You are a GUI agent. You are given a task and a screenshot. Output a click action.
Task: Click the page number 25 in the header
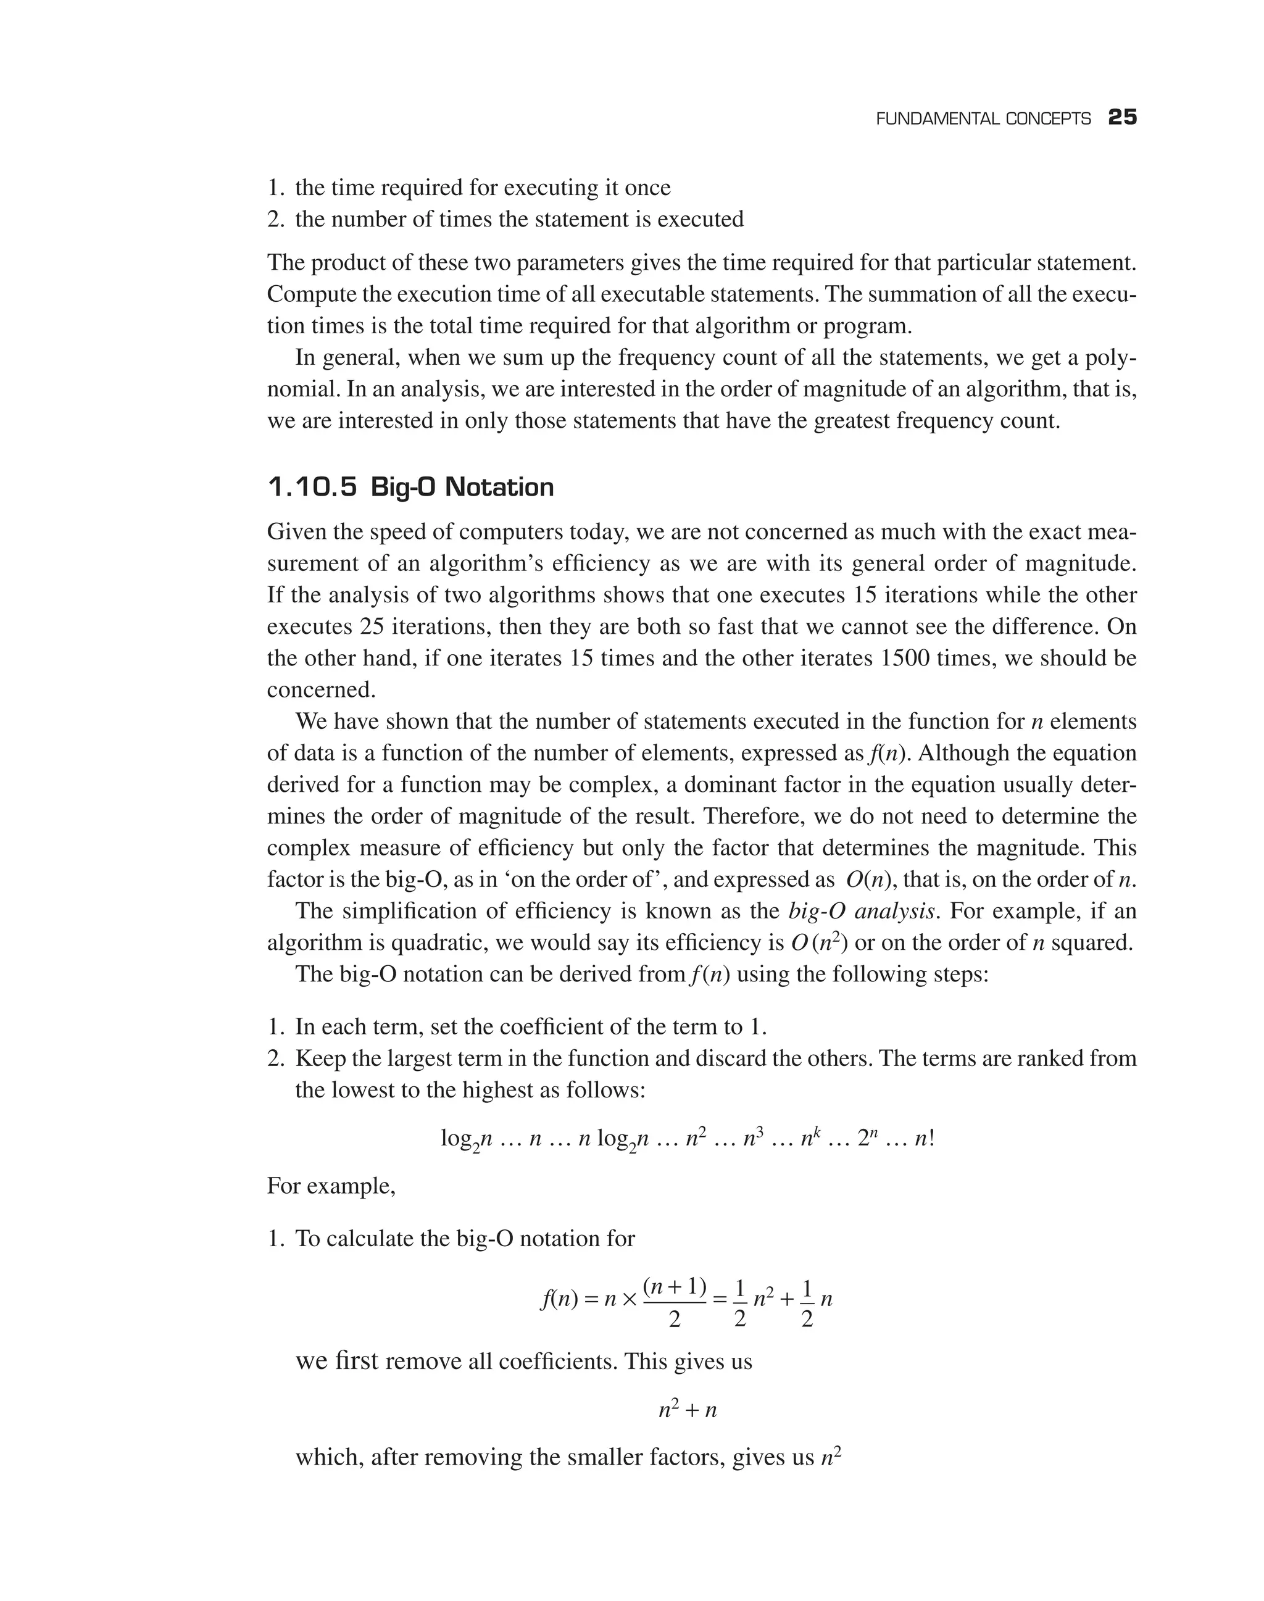click(1122, 118)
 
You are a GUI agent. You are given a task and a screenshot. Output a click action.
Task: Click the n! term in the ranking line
click(925, 1137)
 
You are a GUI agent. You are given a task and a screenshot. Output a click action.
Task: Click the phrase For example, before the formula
click(331, 1186)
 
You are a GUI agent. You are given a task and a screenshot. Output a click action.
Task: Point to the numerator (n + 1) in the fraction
click(674, 1286)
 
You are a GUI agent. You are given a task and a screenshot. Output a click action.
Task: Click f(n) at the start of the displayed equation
click(559, 1300)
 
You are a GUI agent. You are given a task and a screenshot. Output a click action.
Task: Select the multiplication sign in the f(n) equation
click(629, 1300)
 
